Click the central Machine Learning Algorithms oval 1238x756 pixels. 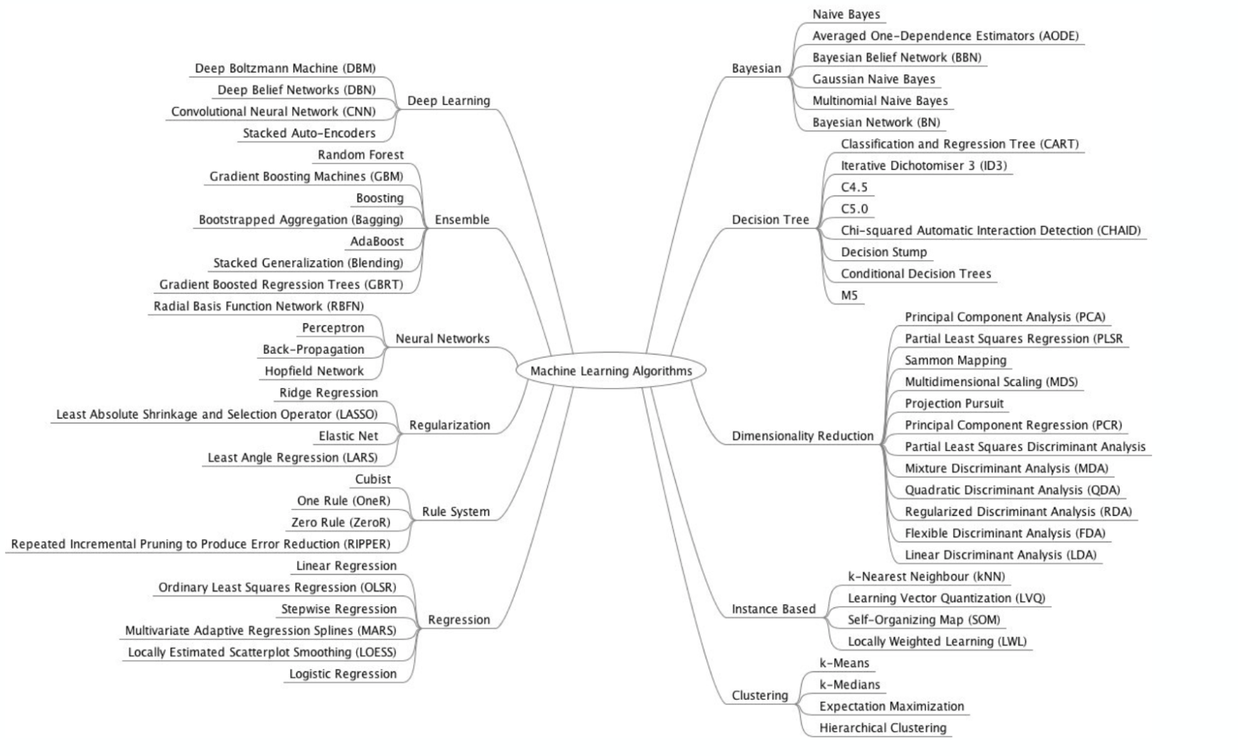610,371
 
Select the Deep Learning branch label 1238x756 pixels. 448,101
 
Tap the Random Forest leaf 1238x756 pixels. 360,155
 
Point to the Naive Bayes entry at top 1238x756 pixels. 846,14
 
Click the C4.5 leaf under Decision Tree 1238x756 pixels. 854,188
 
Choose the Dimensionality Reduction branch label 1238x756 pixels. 802,436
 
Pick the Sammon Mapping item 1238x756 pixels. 955,360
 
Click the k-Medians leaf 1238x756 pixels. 849,685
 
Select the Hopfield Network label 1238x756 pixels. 314,371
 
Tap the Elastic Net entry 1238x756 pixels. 348,436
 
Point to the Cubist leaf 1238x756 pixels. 372,480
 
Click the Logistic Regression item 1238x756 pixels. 343,674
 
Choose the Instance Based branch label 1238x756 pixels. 773,609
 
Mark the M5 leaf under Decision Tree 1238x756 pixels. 849,296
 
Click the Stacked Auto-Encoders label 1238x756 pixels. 309,133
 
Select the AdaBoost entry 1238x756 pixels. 377,242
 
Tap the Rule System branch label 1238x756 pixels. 456,512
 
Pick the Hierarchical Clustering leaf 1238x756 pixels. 883,728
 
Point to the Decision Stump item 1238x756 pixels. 883,252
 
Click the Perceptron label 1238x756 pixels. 333,328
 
